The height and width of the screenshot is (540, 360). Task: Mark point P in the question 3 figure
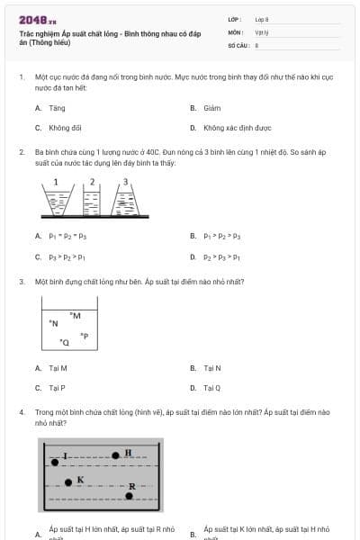pyautogui.click(x=84, y=336)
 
